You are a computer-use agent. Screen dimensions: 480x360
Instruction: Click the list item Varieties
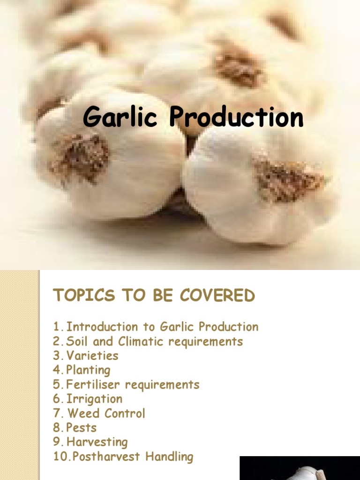click(x=92, y=355)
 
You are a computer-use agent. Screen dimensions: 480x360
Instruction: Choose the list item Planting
click(x=88, y=370)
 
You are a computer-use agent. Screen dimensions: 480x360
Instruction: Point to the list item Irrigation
click(x=94, y=399)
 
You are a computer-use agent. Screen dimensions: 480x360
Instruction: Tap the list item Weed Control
click(x=106, y=413)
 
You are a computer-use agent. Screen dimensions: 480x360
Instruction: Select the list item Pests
click(x=82, y=427)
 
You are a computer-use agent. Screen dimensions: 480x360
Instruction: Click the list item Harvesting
click(x=97, y=442)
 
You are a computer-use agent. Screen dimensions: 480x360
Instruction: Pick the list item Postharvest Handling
click(x=130, y=457)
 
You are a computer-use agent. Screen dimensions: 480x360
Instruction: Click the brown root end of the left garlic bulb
click(x=80, y=157)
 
